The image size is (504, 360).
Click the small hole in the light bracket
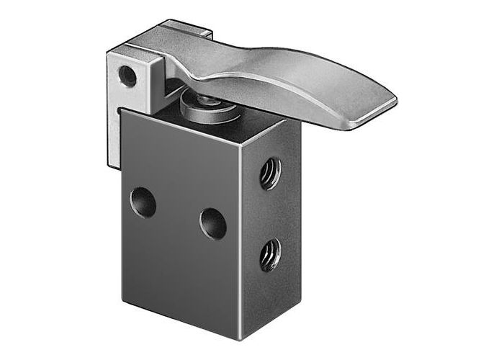tap(127, 75)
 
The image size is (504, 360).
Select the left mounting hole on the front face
tap(143, 202)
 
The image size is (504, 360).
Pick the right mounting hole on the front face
tap(213, 223)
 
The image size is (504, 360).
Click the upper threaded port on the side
tap(271, 173)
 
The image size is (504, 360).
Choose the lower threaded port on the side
tap(271, 255)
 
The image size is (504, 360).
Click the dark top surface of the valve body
tap(216, 126)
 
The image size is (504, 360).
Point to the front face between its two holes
tap(178, 212)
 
